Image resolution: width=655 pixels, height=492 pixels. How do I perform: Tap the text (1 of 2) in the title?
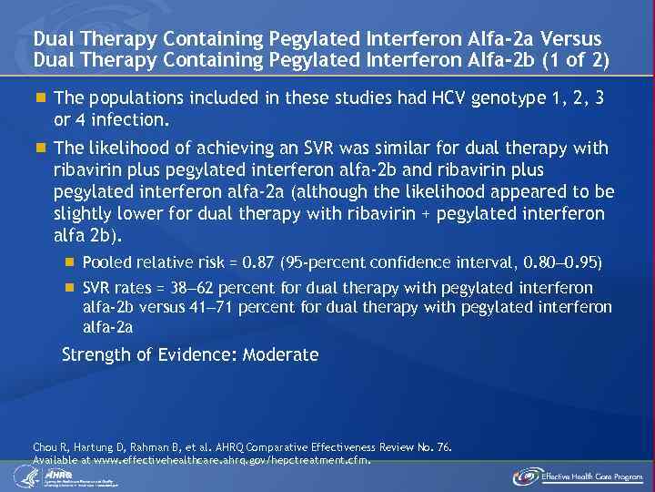click(x=575, y=59)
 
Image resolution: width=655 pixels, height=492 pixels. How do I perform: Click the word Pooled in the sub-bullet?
click(x=106, y=262)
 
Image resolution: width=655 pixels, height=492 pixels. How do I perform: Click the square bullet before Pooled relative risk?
click(x=69, y=262)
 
